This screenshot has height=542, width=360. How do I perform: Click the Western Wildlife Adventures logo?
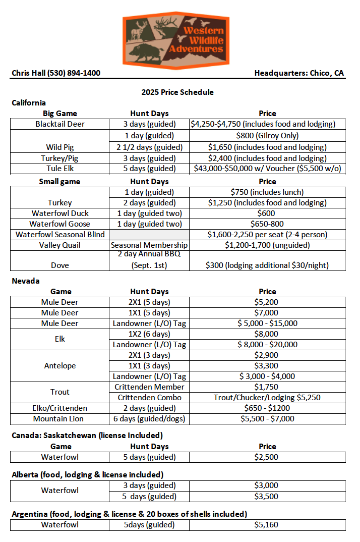[176, 38]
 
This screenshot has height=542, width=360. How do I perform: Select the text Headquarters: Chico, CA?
[299, 73]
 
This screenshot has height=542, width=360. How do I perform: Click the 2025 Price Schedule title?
[177, 92]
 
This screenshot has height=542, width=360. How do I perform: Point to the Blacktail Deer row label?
[60, 124]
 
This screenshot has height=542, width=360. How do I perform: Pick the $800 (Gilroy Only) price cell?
[267, 135]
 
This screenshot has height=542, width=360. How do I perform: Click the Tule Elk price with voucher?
[267, 169]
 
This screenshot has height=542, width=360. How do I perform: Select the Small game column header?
[60, 181]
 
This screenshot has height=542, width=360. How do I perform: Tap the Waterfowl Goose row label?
[60, 224]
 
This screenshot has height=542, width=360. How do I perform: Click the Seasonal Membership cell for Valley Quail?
[149, 245]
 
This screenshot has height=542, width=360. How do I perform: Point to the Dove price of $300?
[267, 265]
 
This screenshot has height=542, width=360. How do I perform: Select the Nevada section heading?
[26, 281]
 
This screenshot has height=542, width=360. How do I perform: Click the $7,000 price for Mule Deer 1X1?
[267, 313]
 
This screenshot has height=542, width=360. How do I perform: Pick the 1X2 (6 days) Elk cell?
[149, 334]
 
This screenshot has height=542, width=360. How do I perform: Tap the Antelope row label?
[60, 365]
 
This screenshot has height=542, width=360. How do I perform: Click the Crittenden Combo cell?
[149, 397]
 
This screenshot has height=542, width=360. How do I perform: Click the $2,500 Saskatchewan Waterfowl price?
[267, 457]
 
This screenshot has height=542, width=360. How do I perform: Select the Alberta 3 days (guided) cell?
[149, 485]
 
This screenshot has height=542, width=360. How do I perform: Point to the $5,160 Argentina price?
[267, 525]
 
